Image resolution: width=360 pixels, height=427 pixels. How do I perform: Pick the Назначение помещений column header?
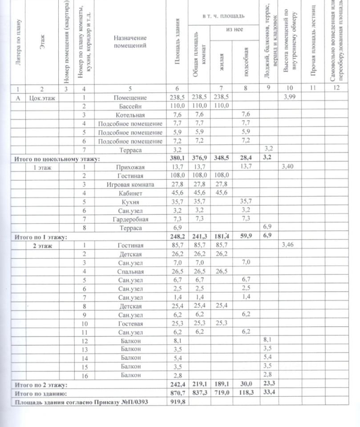pyautogui.click(x=130, y=42)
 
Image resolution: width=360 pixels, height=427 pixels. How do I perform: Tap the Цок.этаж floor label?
pyautogui.click(x=42, y=97)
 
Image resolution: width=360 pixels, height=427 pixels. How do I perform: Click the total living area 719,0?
pyautogui.click(x=221, y=394)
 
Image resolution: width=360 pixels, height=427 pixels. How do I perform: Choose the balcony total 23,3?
pyautogui.click(x=268, y=385)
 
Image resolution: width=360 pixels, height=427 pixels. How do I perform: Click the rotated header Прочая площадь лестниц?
pyautogui.click(x=313, y=42)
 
